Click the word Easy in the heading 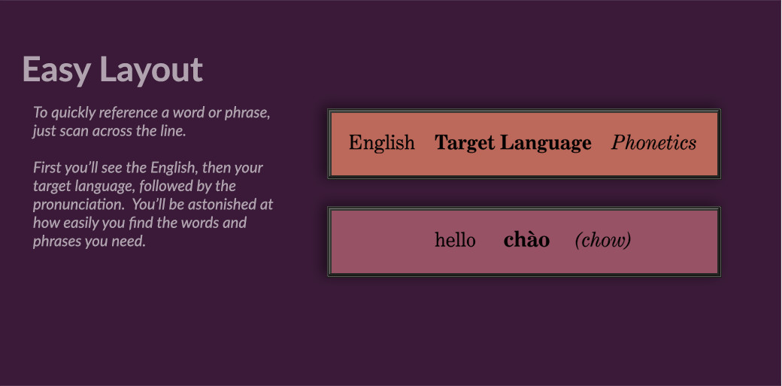coord(56,70)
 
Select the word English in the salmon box coord(381,143)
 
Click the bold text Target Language coord(513,143)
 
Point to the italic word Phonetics coord(654,143)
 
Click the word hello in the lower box coord(455,240)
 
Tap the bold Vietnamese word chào coord(526,240)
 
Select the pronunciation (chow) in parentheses coord(603,241)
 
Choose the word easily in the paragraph coord(80,223)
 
